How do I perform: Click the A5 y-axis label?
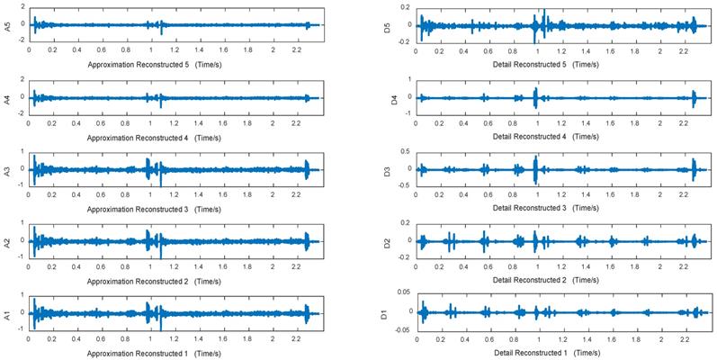click(7, 26)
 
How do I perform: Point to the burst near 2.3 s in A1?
click(308, 313)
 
